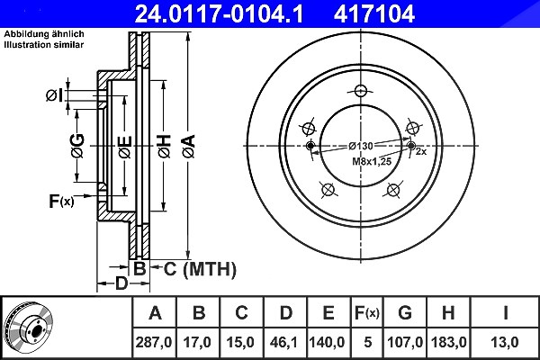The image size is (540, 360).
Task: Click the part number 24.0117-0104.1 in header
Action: tap(219, 13)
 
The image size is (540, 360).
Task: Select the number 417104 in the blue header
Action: tap(374, 13)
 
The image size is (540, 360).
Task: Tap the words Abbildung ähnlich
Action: tap(44, 34)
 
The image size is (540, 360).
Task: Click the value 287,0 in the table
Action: tap(154, 342)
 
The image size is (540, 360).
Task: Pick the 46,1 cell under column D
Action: tap(284, 342)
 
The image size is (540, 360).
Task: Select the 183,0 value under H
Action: tap(448, 342)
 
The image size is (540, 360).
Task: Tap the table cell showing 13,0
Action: tap(505, 342)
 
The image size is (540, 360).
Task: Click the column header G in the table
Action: tap(405, 313)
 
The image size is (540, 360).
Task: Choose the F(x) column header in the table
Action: tap(367, 313)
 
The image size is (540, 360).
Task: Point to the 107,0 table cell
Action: tap(405, 342)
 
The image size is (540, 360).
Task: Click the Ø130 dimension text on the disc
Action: tap(360, 146)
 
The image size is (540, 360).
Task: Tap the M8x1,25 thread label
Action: tap(372, 161)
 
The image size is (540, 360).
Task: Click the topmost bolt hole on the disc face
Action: tap(361, 91)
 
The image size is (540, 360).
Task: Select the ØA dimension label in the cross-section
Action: tap(189, 147)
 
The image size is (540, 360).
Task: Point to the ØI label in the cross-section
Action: tap(55, 95)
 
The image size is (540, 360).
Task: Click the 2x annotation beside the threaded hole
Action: tap(421, 151)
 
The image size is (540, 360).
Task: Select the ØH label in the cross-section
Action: tap(165, 147)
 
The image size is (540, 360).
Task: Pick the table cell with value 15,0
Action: tap(240, 342)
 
